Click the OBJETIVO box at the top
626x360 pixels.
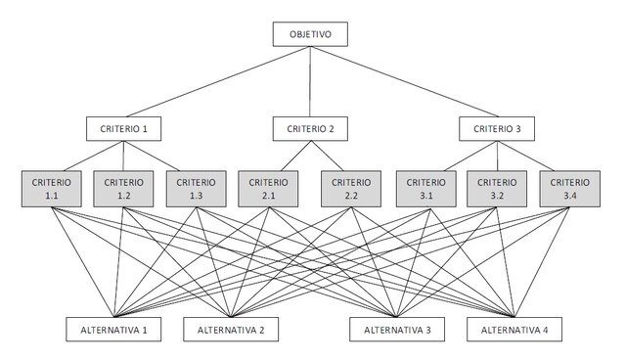coord(310,35)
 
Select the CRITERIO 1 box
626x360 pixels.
coord(123,128)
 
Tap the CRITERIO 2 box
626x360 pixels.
coord(310,128)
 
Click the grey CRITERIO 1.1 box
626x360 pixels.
coord(50,189)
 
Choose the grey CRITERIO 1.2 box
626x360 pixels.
coord(123,189)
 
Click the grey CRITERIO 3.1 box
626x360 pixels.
coord(426,189)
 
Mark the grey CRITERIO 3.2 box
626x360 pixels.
coord(497,189)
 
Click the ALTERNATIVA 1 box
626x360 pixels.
coord(113,330)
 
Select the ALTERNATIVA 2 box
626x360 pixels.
coord(231,330)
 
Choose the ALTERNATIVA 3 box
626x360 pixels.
coord(397,330)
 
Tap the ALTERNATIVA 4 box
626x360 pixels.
coord(514,330)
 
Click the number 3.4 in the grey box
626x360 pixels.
coord(571,196)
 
